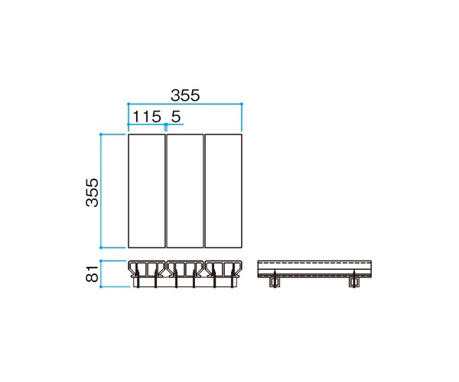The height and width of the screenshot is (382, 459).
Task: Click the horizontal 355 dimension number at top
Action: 185,95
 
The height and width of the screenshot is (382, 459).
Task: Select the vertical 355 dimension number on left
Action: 93,193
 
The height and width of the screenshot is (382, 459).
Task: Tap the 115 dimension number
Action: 147,117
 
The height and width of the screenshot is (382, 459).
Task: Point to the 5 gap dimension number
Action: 176,117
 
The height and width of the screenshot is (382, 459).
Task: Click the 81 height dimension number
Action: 93,274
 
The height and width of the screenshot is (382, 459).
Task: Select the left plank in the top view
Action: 147,191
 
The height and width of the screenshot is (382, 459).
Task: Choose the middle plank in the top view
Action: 185,191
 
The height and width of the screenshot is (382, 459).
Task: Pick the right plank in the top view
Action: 223,191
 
